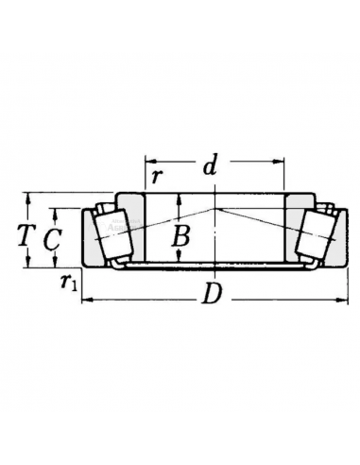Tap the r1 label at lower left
tap(68, 280)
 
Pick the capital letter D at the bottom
tap(212, 297)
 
